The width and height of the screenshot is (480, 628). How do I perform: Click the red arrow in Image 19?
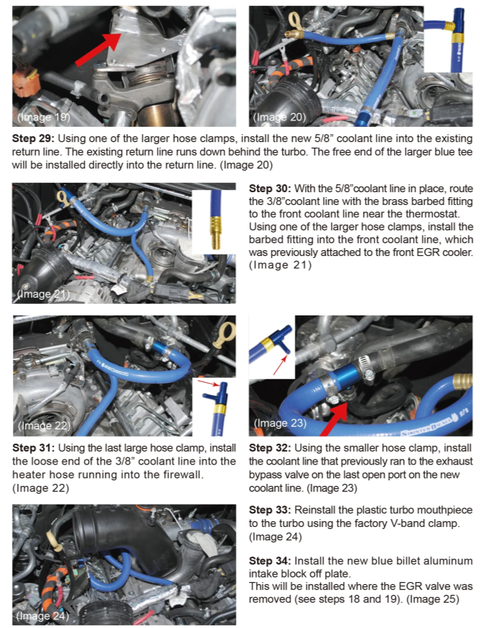[x=95, y=48]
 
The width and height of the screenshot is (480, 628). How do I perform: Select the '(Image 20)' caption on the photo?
[x=280, y=116]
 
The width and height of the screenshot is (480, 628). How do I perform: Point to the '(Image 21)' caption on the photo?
[x=42, y=294]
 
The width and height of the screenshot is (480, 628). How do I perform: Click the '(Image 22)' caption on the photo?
[x=44, y=426]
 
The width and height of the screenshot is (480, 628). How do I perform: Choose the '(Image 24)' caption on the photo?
[x=43, y=615]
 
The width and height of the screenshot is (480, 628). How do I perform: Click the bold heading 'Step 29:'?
[x=36, y=137]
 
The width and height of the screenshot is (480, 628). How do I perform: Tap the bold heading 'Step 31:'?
[x=36, y=449]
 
